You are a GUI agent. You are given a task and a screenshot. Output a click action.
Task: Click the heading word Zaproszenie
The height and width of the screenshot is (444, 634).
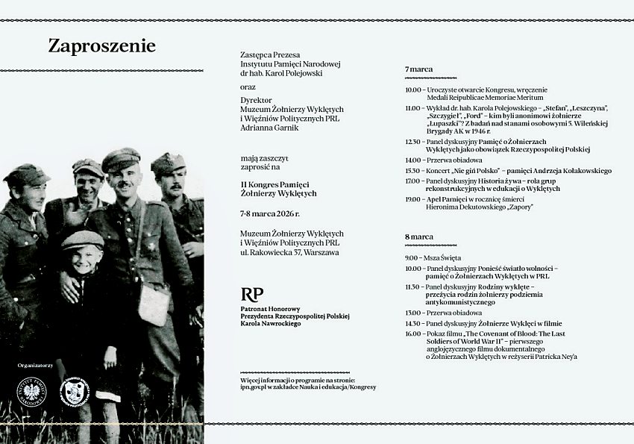102,46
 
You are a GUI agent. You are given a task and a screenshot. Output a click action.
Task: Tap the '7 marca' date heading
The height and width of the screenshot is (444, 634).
418,69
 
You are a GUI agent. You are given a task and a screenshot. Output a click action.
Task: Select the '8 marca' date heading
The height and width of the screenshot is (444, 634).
418,237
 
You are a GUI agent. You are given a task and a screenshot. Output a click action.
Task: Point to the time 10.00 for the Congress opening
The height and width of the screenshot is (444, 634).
412,90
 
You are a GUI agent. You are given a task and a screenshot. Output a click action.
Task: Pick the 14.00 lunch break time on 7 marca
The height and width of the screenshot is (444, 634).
412,160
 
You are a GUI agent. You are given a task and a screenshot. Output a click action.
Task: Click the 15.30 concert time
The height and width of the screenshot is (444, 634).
412,170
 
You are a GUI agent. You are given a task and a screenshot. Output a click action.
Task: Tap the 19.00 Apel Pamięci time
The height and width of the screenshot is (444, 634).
412,199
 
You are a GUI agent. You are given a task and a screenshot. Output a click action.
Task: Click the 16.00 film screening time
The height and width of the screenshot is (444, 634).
412,334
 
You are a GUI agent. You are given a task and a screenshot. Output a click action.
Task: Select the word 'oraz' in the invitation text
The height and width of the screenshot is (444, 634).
248,86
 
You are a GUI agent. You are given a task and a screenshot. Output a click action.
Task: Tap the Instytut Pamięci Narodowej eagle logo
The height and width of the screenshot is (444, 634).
31,393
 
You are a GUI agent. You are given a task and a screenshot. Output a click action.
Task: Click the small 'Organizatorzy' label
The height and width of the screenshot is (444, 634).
35,366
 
